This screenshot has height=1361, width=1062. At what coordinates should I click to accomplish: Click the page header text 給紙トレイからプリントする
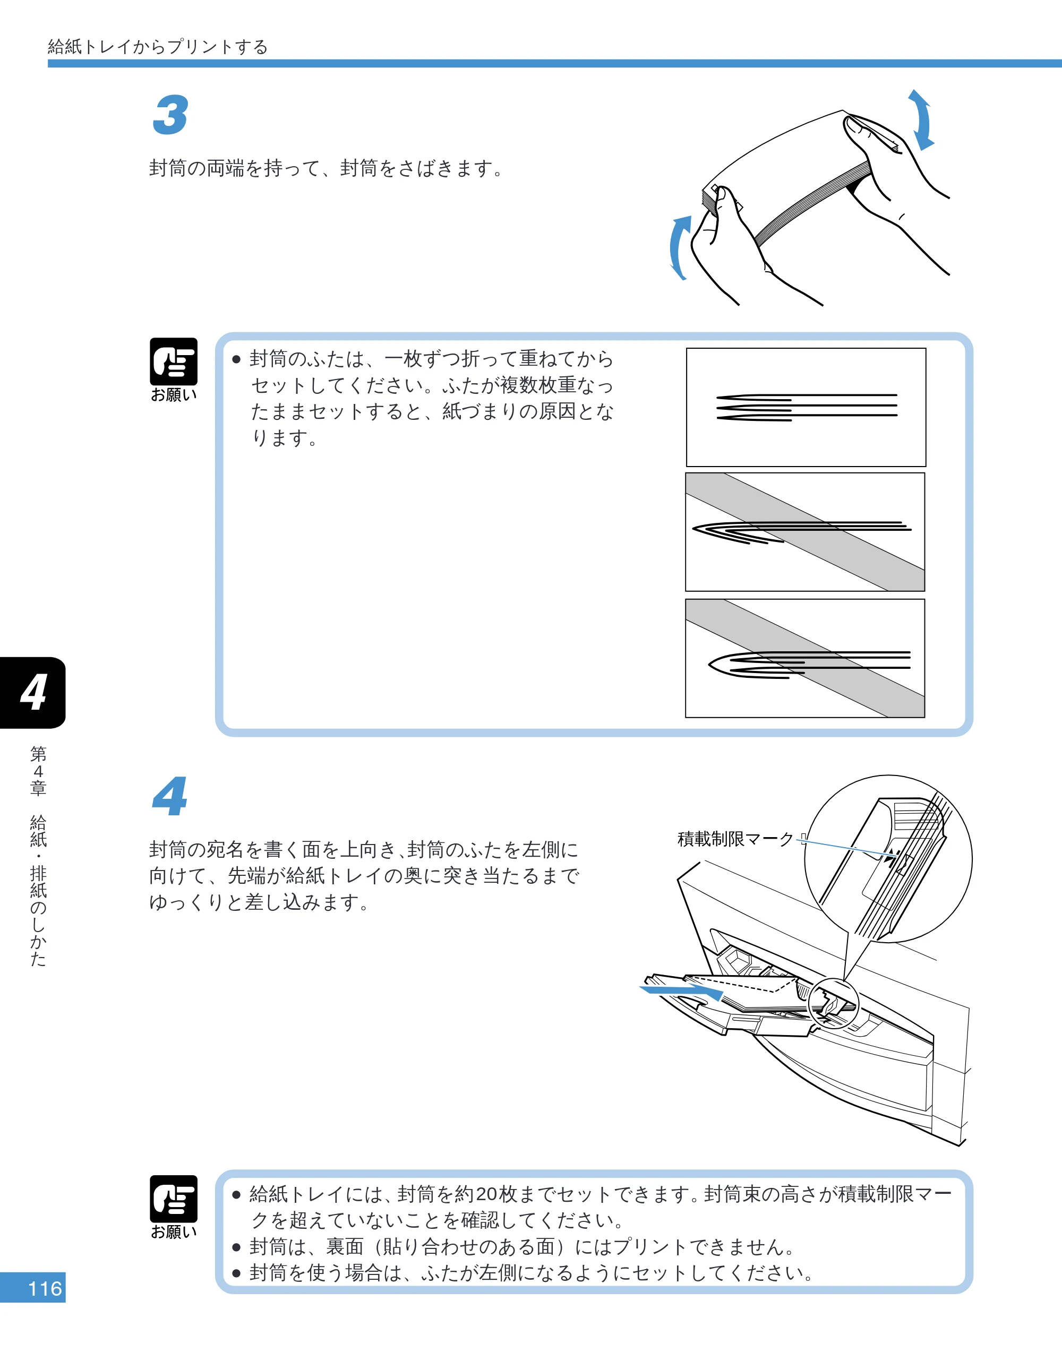point(158,47)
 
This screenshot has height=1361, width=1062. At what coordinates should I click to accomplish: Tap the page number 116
point(45,1288)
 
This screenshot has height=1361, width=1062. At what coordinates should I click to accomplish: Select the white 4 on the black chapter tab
point(33,692)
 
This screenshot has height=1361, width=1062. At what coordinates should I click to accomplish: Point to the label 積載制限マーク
point(735,839)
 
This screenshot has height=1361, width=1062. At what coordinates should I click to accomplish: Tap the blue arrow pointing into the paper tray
point(681,990)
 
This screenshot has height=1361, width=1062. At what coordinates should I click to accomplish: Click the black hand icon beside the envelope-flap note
point(173,362)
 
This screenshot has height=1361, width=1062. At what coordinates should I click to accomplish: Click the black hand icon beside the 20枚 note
point(173,1200)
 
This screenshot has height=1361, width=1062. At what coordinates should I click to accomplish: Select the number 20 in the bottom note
point(486,1194)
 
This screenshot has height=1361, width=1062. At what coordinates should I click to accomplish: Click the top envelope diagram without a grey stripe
point(806,408)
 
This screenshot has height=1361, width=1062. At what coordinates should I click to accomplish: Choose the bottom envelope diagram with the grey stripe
point(805,658)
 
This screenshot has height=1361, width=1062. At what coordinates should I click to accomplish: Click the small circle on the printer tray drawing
point(833,1004)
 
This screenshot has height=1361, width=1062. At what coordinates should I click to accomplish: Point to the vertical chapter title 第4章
point(38,771)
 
